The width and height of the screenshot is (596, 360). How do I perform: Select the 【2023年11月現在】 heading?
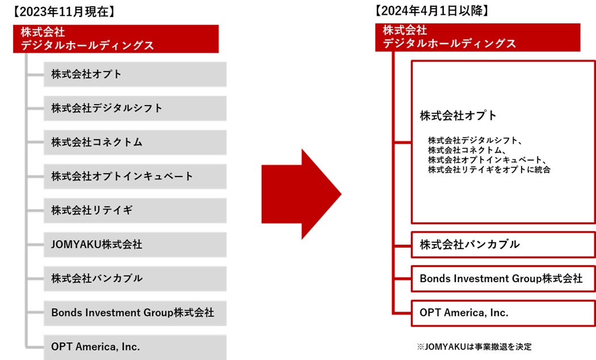pyautogui.click(x=63, y=11)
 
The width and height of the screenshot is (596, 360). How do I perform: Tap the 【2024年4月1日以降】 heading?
pyautogui.click(x=431, y=11)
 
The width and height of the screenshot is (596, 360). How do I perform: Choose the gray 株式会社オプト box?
pyautogui.click(x=135, y=74)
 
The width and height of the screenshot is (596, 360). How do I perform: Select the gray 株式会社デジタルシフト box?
pyautogui.click(x=135, y=108)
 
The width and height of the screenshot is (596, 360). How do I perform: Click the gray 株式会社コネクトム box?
pyautogui.click(x=135, y=142)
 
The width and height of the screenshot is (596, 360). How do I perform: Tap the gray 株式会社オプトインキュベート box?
pyautogui.click(x=135, y=176)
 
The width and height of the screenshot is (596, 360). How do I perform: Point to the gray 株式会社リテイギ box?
pyautogui.click(x=135, y=210)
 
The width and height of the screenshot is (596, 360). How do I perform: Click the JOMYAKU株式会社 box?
pyautogui.click(x=135, y=245)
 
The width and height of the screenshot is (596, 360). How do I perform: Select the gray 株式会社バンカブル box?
pyautogui.click(x=135, y=279)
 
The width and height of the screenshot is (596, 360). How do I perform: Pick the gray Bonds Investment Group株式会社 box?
pyautogui.click(x=135, y=313)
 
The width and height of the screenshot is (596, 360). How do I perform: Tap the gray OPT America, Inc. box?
pyautogui.click(x=135, y=346)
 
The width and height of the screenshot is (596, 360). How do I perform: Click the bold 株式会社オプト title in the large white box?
pyautogui.click(x=458, y=116)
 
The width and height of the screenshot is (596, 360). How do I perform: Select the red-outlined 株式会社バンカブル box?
pyautogui.click(x=502, y=245)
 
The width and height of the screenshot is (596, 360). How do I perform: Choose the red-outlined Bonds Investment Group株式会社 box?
pyautogui.click(x=502, y=279)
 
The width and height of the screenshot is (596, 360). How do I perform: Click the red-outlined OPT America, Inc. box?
pyautogui.click(x=502, y=313)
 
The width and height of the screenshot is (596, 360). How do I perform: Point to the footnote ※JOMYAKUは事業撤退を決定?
pyautogui.click(x=474, y=346)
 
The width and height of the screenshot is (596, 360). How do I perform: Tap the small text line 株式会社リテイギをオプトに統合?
pyautogui.click(x=489, y=169)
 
